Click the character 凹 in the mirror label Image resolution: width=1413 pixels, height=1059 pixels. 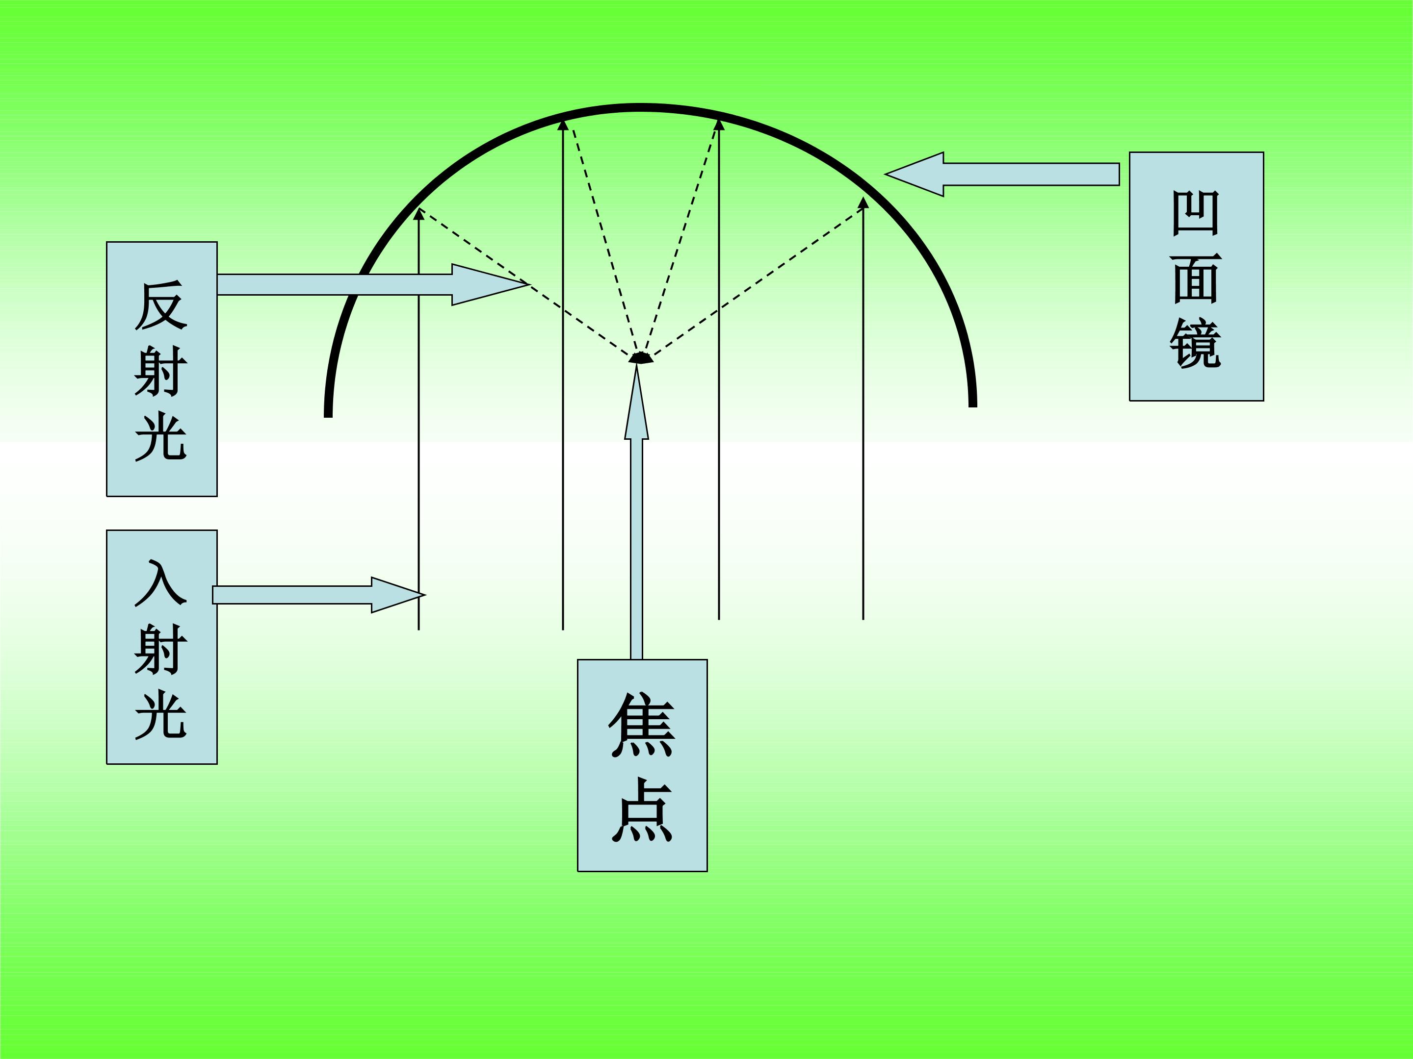click(1196, 213)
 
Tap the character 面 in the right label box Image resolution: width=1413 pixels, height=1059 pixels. click(1196, 278)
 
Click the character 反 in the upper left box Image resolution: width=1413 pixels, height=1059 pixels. click(161, 306)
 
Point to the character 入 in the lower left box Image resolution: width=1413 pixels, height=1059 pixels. click(161, 583)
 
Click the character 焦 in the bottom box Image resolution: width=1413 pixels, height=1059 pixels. click(642, 725)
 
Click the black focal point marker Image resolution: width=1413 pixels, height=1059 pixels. click(641, 357)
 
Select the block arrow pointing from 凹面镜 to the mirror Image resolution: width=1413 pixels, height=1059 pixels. click(1002, 174)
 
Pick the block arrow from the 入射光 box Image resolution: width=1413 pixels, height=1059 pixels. click(318, 595)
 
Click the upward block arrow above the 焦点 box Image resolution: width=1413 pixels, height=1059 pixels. click(636, 511)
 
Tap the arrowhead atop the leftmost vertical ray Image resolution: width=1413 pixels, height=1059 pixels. click(419, 214)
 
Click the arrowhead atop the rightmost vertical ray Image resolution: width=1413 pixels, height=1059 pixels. click(863, 203)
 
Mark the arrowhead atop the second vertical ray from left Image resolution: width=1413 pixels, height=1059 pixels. click(563, 125)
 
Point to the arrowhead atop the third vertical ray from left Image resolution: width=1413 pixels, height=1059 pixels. click(719, 125)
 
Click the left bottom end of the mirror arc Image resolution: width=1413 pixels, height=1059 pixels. click(328, 416)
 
